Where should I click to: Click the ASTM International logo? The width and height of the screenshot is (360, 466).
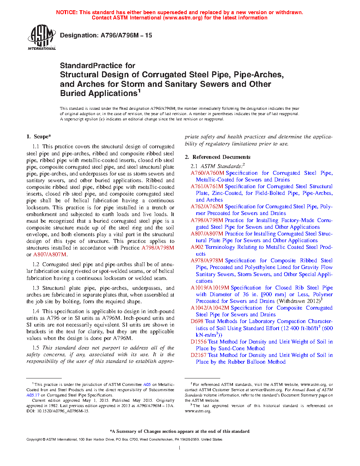click(x=42, y=37)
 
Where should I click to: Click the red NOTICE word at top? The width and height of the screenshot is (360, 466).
click(x=67, y=12)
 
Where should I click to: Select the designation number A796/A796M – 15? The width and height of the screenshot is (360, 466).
click(x=126, y=35)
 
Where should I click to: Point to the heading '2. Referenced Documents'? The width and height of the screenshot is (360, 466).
click(x=217, y=157)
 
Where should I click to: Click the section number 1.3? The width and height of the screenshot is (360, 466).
click(x=36, y=288)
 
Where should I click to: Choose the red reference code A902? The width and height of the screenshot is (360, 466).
click(x=197, y=247)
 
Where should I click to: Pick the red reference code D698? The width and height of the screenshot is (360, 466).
click(x=197, y=321)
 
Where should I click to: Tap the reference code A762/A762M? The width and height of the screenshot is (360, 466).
click(x=207, y=207)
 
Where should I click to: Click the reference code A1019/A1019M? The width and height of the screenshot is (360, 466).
click(x=210, y=288)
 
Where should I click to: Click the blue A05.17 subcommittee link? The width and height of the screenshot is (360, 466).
click(x=33, y=395)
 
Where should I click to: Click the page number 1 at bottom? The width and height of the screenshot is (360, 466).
click(x=180, y=448)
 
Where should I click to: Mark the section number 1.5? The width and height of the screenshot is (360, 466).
click(x=36, y=348)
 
